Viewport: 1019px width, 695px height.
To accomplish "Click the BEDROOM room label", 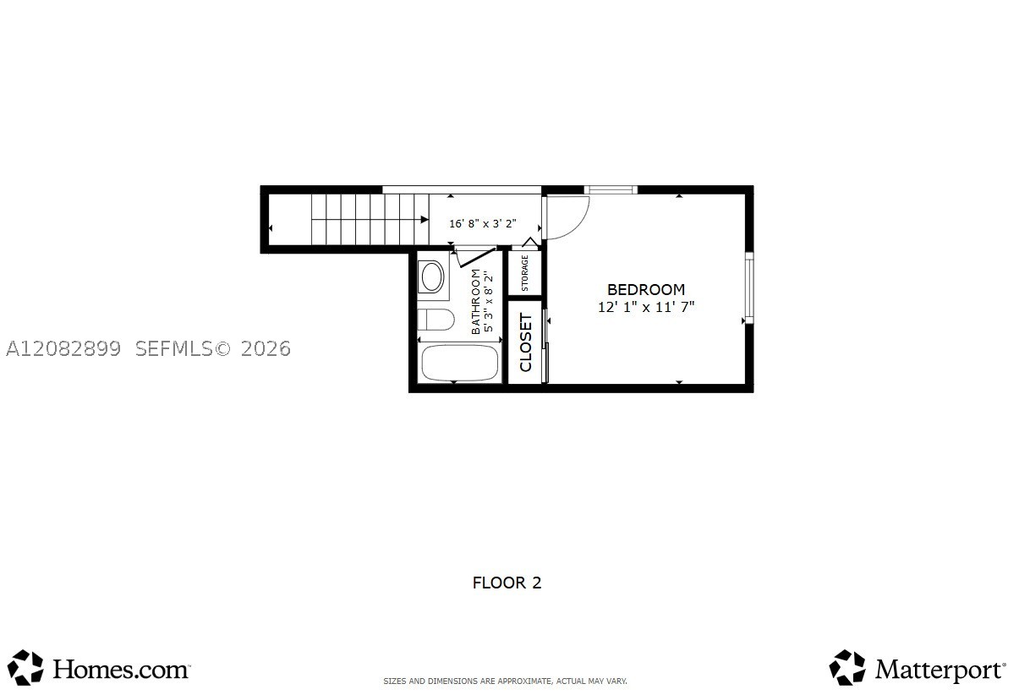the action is [x=645, y=290].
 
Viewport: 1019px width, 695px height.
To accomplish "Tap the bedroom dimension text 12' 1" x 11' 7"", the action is [x=646, y=307].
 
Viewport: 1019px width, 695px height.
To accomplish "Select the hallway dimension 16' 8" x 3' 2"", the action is [x=483, y=224].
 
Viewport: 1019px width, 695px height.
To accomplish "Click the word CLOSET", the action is [x=525, y=342].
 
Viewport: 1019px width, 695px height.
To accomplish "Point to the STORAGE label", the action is [x=524, y=273].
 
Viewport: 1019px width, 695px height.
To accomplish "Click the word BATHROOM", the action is [x=476, y=302].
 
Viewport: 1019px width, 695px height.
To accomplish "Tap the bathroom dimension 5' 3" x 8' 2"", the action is [x=488, y=302].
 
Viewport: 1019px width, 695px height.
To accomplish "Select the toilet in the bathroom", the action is [x=436, y=320].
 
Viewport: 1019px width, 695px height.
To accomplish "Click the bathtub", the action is [x=459, y=363].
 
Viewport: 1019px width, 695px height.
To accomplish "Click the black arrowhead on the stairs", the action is [x=425, y=220].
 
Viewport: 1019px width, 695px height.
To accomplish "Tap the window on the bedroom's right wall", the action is [x=749, y=287].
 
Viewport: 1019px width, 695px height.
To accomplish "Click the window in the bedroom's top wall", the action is [x=611, y=189].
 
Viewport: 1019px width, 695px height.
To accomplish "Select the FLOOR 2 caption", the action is [x=507, y=583].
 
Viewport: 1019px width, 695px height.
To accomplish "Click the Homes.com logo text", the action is [x=122, y=670].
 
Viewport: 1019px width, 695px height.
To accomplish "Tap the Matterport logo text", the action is [x=940, y=670].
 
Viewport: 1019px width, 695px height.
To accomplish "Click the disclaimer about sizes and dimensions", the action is [x=505, y=681].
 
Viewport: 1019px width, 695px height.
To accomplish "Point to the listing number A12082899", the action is [x=63, y=349].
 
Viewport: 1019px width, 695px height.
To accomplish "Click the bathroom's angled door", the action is [x=476, y=257].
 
